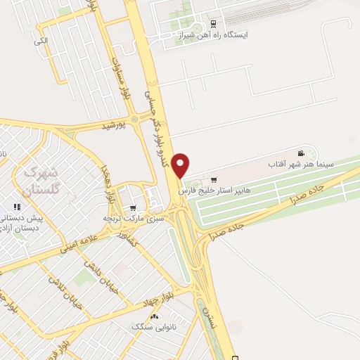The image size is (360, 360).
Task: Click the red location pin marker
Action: coord(181,165)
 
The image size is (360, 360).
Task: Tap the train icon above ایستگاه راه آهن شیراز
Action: coord(214,21)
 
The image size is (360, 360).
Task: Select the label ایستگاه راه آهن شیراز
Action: coord(213,34)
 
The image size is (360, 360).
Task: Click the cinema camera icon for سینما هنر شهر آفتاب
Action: coord(301,153)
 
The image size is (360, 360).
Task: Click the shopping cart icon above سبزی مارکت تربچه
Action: coord(133,208)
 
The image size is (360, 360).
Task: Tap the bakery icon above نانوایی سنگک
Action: coord(154,317)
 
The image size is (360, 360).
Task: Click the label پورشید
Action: coord(112,126)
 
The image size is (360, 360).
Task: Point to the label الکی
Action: coord(41,41)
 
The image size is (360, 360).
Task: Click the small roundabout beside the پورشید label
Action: coord(134,120)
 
